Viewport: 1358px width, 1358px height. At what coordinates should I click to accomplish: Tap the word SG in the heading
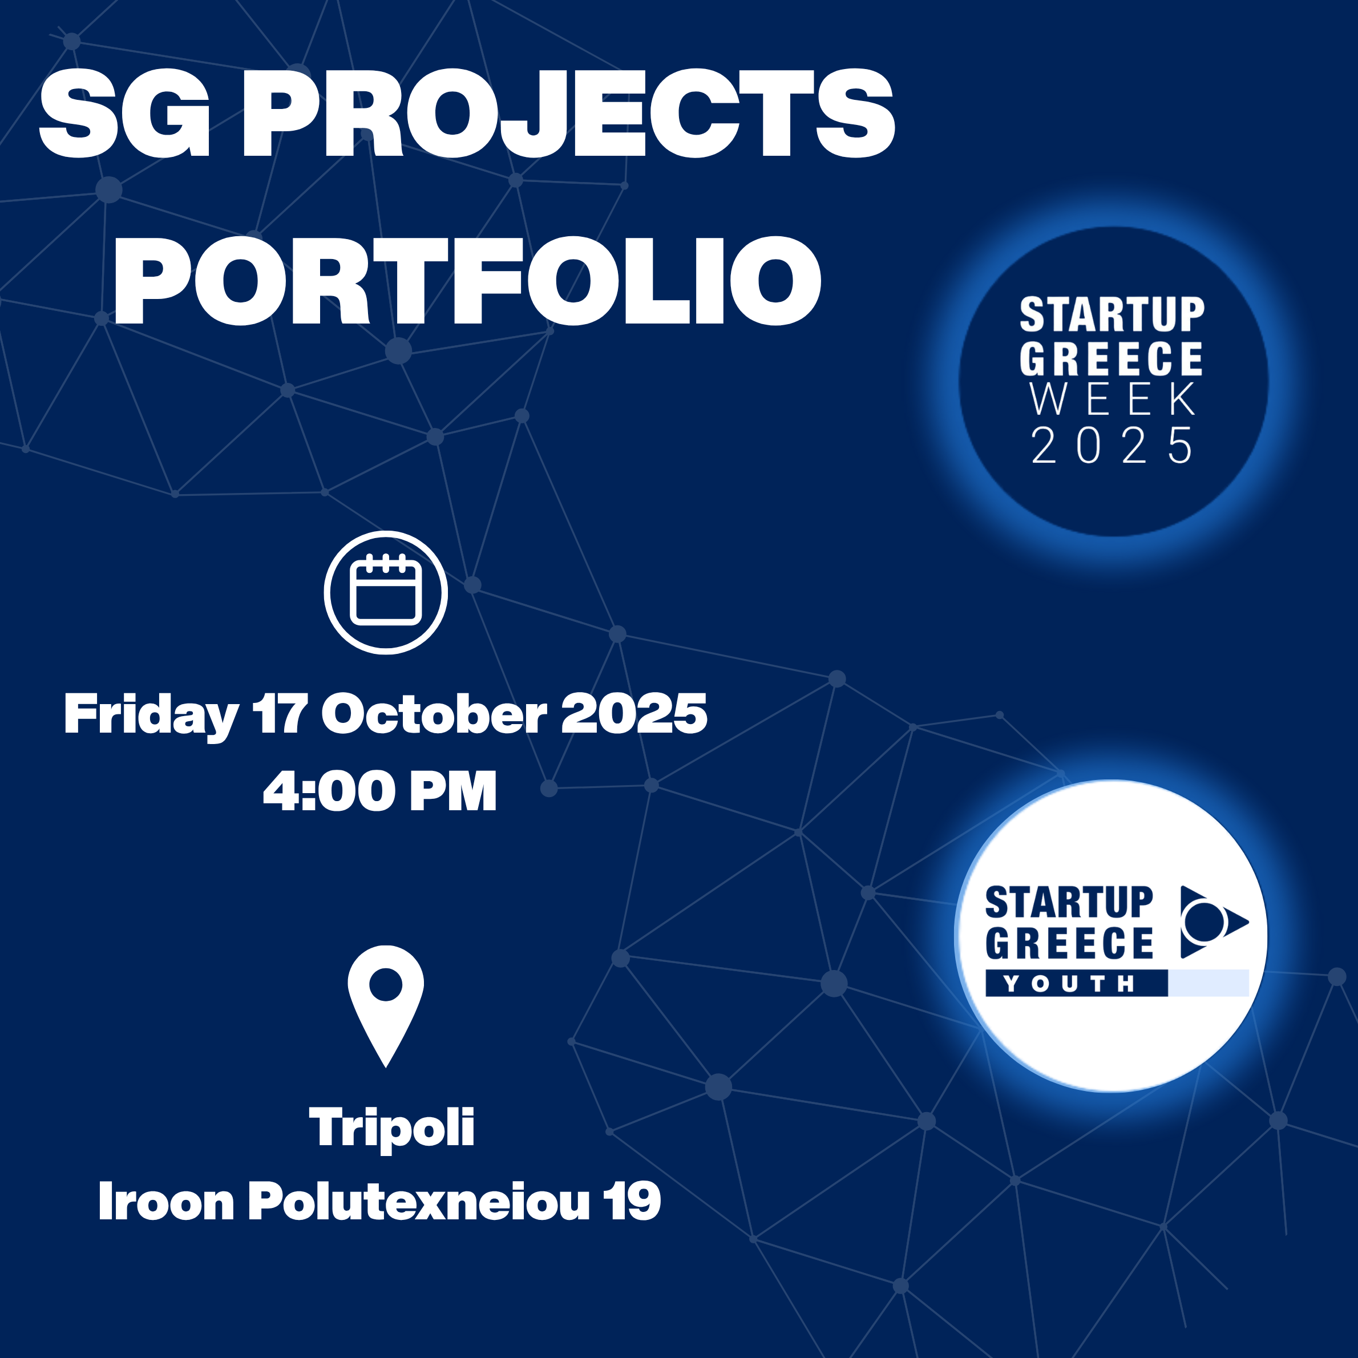click(x=125, y=113)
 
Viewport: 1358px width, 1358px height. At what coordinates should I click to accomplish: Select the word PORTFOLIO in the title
click(x=467, y=281)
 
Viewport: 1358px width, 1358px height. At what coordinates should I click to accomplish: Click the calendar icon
click(x=386, y=592)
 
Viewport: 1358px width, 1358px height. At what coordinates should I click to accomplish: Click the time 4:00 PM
click(x=379, y=791)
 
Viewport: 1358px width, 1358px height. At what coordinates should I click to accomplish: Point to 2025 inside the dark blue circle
click(x=1112, y=445)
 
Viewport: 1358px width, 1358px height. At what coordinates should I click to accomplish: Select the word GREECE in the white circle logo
click(x=1069, y=943)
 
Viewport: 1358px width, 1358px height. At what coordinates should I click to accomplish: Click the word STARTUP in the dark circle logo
click(x=1113, y=314)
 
